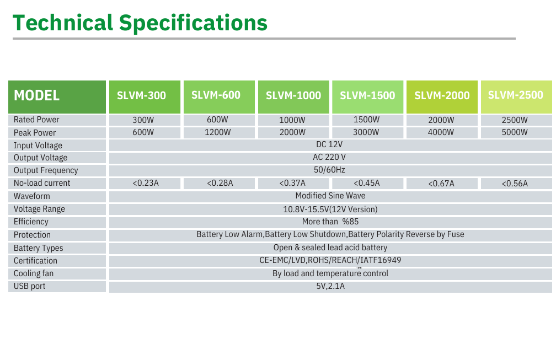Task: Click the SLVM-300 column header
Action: pyautogui.click(x=141, y=95)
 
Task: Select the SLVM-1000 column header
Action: pyautogui.click(x=293, y=95)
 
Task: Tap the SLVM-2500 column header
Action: pyautogui.click(x=515, y=95)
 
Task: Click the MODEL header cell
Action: pyautogui.click(x=36, y=95)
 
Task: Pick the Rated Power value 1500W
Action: pyautogui.click(x=366, y=119)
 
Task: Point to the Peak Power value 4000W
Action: pyautogui.click(x=441, y=132)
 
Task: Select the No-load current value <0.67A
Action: pyautogui.click(x=441, y=184)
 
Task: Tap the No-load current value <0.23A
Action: pyautogui.click(x=146, y=183)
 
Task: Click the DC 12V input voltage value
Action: pyautogui.click(x=330, y=145)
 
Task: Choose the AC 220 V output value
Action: pyautogui.click(x=330, y=158)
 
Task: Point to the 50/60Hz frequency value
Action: pyautogui.click(x=330, y=170)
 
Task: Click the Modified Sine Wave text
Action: pyautogui.click(x=330, y=196)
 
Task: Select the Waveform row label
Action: pyautogui.click(x=31, y=196)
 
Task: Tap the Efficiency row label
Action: pyautogui.click(x=31, y=222)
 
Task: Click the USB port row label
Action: pyautogui.click(x=29, y=286)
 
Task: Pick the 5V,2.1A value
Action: pyautogui.click(x=330, y=286)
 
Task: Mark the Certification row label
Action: pyautogui.click(x=35, y=261)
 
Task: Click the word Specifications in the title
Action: pyautogui.click(x=193, y=23)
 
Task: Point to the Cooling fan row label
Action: pyautogui.click(x=34, y=273)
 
